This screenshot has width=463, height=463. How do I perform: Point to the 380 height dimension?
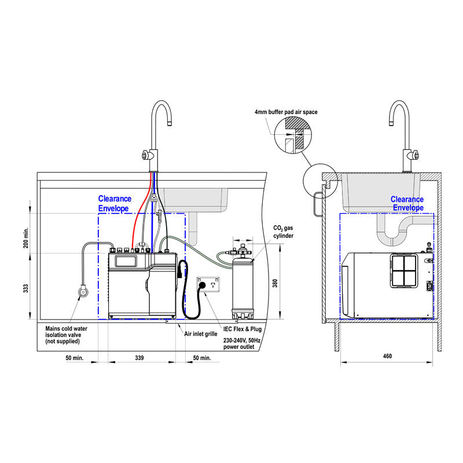(275, 284)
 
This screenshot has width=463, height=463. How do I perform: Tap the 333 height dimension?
(26, 289)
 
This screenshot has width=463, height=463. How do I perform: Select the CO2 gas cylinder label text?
(283, 233)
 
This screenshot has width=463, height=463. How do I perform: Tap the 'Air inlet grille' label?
(200, 334)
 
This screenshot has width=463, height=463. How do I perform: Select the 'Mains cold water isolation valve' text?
(67, 335)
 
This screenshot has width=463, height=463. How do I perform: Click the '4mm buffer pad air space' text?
(285, 112)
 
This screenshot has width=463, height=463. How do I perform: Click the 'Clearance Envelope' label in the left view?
(114, 203)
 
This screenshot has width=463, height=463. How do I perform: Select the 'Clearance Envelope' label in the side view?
(407, 204)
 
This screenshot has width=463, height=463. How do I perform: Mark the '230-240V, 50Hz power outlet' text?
(242, 344)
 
